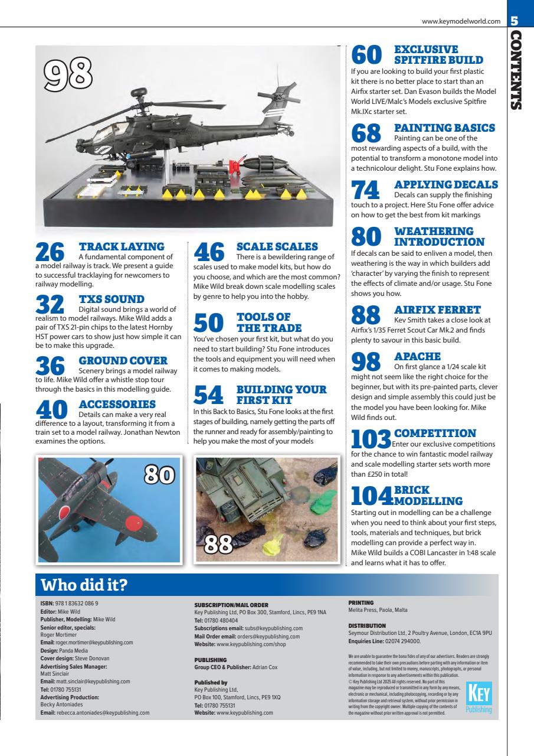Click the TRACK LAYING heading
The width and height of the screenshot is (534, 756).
pos(122,246)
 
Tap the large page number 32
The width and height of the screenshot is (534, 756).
pos(49,304)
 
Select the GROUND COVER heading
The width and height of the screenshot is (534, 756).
pos(123,360)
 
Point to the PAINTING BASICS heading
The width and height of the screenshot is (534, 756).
pos(444,128)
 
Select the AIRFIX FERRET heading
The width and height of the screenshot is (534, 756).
pos(438,309)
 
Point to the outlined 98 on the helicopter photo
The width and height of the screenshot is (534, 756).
pos(71,74)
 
